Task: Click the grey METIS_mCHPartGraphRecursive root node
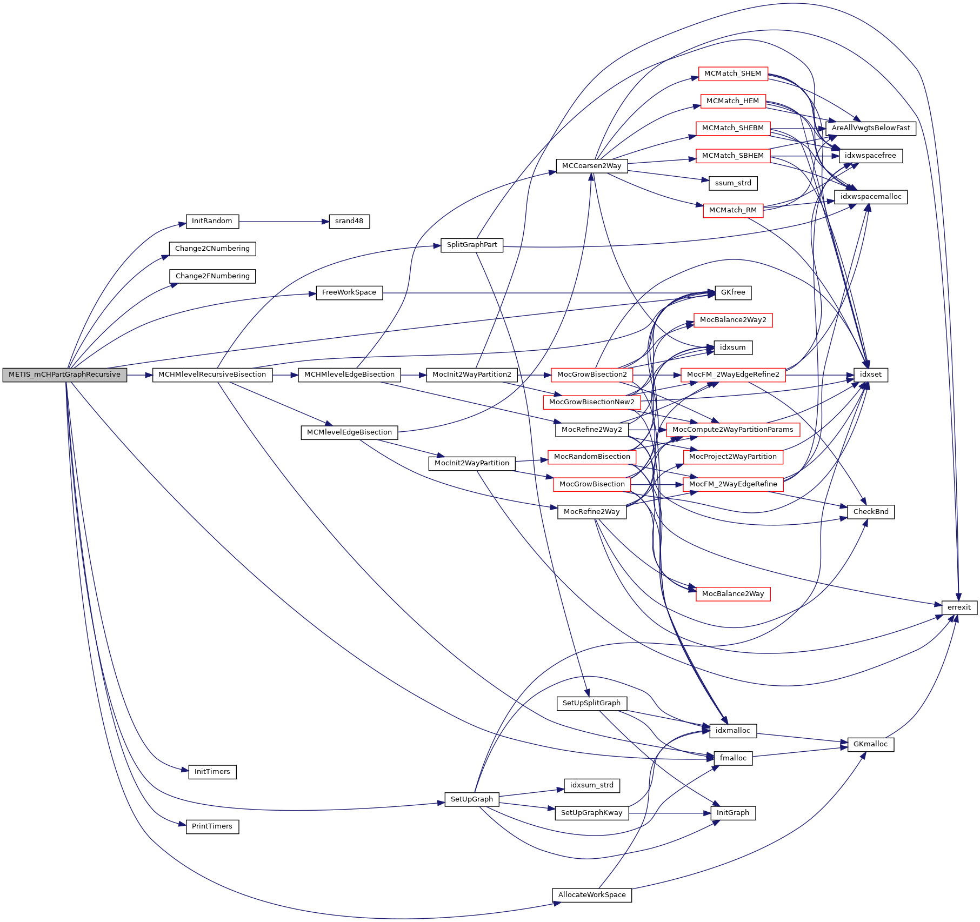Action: tap(64, 375)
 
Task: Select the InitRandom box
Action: tap(212, 221)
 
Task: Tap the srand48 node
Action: tap(349, 221)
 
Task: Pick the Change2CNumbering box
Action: tap(212, 249)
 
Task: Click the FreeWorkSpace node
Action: tap(349, 292)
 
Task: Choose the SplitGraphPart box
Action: tap(472, 245)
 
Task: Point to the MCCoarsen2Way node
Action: tap(591, 166)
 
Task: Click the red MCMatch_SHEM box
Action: tap(732, 74)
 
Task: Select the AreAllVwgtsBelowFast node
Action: tap(870, 128)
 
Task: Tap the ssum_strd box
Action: tap(732, 183)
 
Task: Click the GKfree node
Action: tap(732, 292)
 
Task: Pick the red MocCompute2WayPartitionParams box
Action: tap(732, 430)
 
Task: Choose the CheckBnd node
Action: tap(870, 512)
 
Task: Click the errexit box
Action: tap(959, 607)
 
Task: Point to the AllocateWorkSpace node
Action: tap(591, 895)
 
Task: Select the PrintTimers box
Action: tap(212, 826)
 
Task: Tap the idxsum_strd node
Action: tap(591, 785)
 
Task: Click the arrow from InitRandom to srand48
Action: tap(284, 222)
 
